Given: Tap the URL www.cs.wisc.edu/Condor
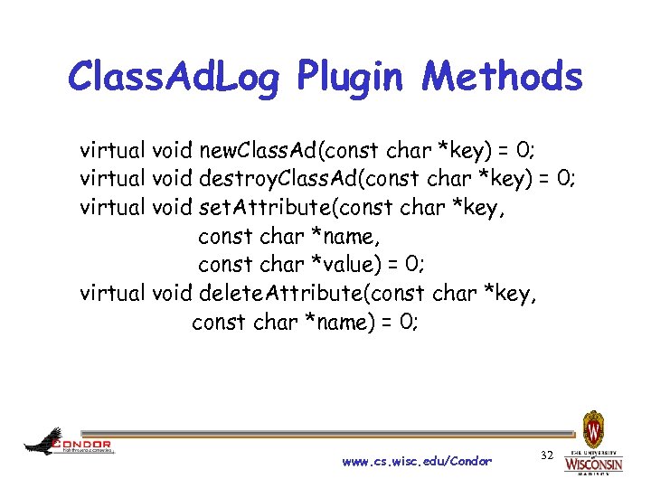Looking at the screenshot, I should pos(418,461).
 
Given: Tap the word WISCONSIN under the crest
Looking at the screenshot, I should pos(593,464).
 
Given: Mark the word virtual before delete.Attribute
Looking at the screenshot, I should pos(113,293).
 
